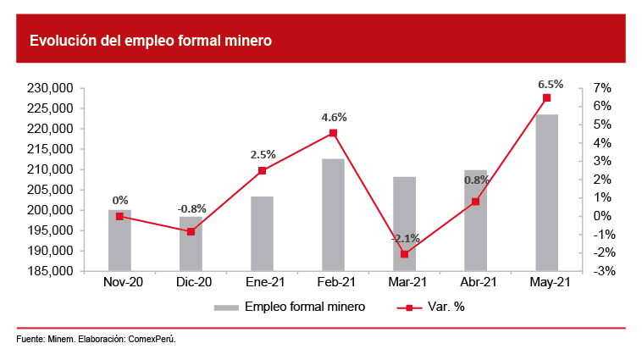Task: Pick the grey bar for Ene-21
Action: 262,234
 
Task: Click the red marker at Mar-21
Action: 404,254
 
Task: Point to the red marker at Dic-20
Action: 191,231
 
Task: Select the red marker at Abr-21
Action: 475,202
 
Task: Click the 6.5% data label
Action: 550,85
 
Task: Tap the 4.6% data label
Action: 335,118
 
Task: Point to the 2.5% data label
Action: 263,155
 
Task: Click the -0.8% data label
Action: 191,208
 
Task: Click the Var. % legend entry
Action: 447,307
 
